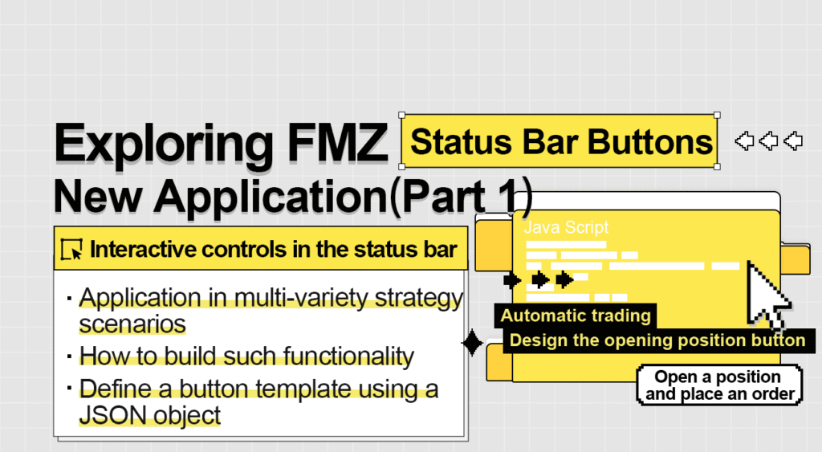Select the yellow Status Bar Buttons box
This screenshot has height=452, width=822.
[560, 142]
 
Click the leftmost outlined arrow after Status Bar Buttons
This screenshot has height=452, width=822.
[745, 141]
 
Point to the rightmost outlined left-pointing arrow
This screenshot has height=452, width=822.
[793, 141]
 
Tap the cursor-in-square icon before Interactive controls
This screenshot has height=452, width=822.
[72, 250]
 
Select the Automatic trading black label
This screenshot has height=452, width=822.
[576, 316]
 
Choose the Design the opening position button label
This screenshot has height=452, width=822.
[657, 340]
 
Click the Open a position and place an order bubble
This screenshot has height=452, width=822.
[719, 385]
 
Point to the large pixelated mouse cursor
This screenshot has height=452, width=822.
[767, 295]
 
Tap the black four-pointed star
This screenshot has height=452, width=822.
[473, 344]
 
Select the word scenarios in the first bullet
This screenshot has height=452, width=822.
[132, 324]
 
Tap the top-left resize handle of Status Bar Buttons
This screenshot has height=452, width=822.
[401, 116]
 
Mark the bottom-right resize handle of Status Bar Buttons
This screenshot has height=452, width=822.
[717, 167]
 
